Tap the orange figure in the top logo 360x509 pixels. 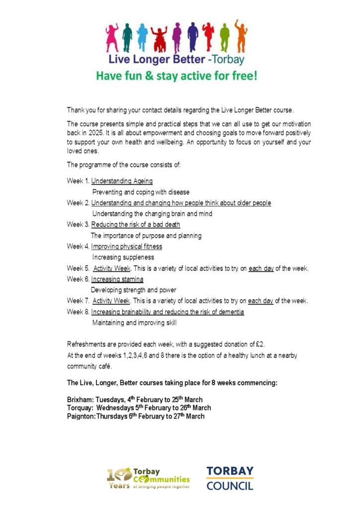click(x=241, y=35)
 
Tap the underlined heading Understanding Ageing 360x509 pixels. click(x=122, y=181)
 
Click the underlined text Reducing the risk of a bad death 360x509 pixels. click(x=135, y=225)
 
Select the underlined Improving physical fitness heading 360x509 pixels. click(x=126, y=247)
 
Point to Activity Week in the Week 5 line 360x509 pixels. click(x=112, y=268)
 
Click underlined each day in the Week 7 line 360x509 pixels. click(x=261, y=301)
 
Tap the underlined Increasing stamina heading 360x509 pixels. click(x=117, y=279)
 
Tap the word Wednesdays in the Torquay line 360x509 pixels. click(x=117, y=408)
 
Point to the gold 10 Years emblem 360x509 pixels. click(x=119, y=477)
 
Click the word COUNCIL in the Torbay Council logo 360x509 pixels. click(x=230, y=485)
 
